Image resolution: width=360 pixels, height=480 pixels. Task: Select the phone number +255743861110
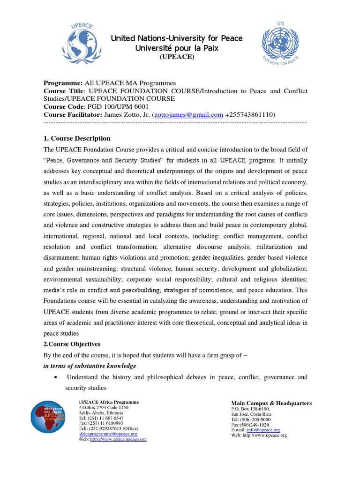coord(249,115)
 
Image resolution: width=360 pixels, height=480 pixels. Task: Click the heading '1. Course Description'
coord(77,138)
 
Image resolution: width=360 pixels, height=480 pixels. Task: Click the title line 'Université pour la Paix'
coord(177,48)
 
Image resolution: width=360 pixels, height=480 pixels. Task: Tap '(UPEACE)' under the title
coord(177,57)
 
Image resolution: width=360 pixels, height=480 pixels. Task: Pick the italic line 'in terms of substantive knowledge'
coord(90,365)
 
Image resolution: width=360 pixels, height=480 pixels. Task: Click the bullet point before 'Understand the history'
coord(56,377)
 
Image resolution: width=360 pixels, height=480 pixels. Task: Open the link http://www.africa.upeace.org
coord(118,439)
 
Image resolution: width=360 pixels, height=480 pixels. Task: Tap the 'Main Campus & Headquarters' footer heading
coord(271,403)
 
